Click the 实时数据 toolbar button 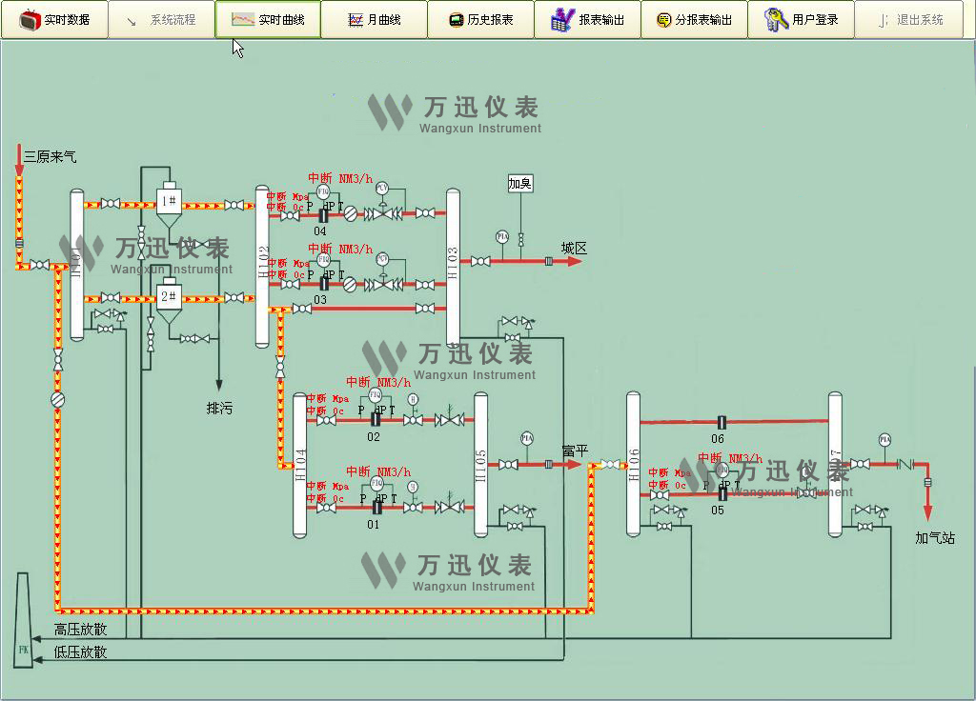pyautogui.click(x=54, y=19)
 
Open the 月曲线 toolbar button pyautogui.click(x=374, y=19)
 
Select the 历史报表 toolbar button pyautogui.click(x=480, y=19)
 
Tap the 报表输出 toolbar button pyautogui.click(x=587, y=19)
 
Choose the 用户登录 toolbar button pyautogui.click(x=801, y=19)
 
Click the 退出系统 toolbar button pyautogui.click(x=908, y=19)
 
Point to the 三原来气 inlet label pyautogui.click(x=51, y=156)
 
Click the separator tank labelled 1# pyautogui.click(x=169, y=201)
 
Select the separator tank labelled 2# pyautogui.click(x=169, y=296)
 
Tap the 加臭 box pyautogui.click(x=519, y=184)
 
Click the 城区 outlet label pyautogui.click(x=574, y=249)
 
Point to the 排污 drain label pyautogui.click(x=219, y=409)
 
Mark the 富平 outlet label pyautogui.click(x=575, y=451)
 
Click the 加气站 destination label pyautogui.click(x=934, y=538)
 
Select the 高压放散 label pyautogui.click(x=81, y=630)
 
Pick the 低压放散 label pyautogui.click(x=81, y=652)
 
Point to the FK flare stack pyautogui.click(x=24, y=624)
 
